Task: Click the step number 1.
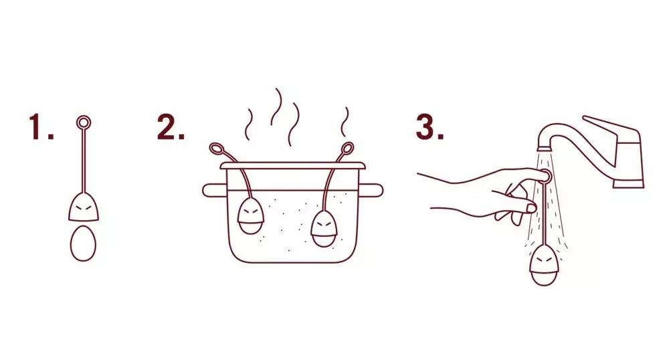tap(41, 126)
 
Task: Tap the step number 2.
tap(171, 126)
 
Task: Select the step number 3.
tap(429, 126)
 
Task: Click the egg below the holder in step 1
tap(83, 243)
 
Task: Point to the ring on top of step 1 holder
tap(84, 123)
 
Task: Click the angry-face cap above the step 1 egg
tap(84, 207)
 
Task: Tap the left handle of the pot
tap(213, 190)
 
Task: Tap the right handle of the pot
tap(372, 190)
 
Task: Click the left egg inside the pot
tap(250, 215)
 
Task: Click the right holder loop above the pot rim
tap(347, 149)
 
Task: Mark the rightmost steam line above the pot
tap(345, 122)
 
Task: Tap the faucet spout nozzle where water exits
tap(543, 148)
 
